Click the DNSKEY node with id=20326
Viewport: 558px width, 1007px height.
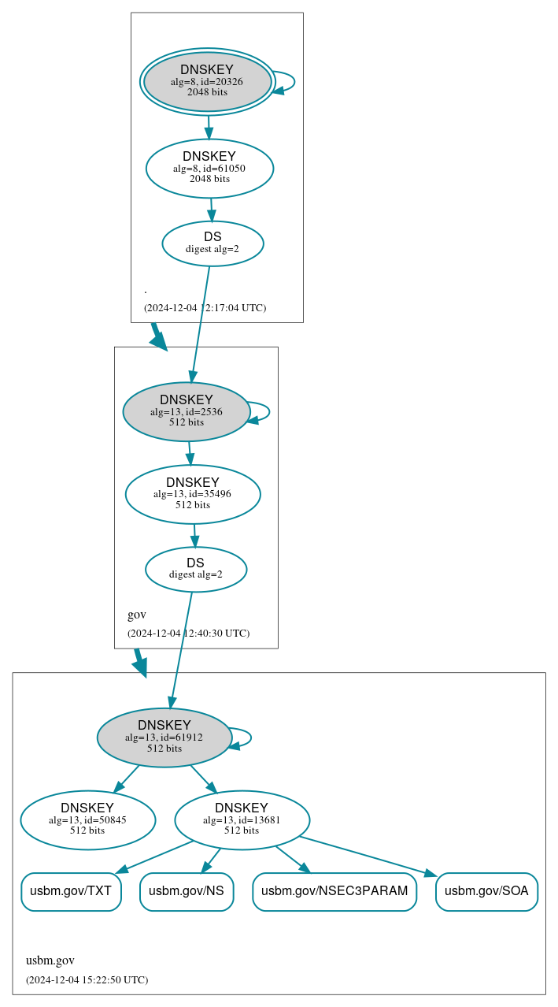coord(207,81)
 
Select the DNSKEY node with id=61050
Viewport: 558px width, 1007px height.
coord(209,168)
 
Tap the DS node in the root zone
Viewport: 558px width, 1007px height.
coord(212,243)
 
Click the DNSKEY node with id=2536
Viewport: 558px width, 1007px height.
coord(187,411)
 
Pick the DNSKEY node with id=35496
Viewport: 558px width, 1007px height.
coord(193,494)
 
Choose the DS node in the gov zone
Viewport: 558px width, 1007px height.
coord(196,569)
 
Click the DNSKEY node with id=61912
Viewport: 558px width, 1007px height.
coord(164,737)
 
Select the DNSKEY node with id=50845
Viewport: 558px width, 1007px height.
coord(87,819)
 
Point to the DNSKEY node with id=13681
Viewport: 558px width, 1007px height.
coord(242,819)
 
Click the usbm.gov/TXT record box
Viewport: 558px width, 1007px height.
coord(71,891)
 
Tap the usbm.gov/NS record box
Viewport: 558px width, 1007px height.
coord(187,891)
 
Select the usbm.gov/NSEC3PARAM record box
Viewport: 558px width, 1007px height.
coord(334,891)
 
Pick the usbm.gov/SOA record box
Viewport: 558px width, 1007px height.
coord(486,891)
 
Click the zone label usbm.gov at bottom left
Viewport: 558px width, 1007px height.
coord(50,961)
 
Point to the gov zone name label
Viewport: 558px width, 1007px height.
coord(137,615)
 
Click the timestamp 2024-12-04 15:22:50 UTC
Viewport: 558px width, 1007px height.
coord(87,980)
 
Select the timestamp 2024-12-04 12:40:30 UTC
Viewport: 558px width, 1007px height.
coord(188,633)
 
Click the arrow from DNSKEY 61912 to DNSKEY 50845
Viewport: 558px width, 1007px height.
coord(127,778)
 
